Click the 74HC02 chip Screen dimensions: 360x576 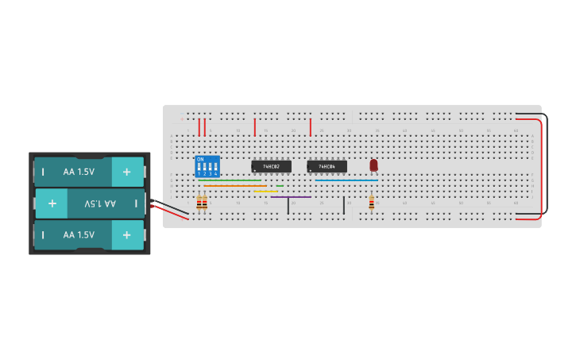(271, 166)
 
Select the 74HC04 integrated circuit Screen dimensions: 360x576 (327, 166)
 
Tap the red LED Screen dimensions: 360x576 (373, 165)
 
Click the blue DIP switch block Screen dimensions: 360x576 (207, 166)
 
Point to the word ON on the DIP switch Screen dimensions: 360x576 (200, 160)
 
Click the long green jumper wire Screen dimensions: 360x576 (232, 180)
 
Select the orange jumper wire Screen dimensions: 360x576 (234, 186)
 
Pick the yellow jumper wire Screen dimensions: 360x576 (265, 192)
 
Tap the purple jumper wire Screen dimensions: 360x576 (291, 197)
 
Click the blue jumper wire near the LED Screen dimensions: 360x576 (346, 180)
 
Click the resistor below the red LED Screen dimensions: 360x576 (371, 203)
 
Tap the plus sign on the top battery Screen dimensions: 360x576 (126, 172)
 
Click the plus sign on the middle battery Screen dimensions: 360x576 (52, 203)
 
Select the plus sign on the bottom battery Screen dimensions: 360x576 (126, 235)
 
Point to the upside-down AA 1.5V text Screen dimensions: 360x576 (100, 203)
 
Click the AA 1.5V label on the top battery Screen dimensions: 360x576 (79, 172)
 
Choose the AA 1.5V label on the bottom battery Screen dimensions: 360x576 (79, 235)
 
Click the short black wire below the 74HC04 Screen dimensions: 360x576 (344, 206)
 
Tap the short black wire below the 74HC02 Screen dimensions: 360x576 (288, 206)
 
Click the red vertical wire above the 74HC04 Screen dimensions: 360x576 (310, 127)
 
